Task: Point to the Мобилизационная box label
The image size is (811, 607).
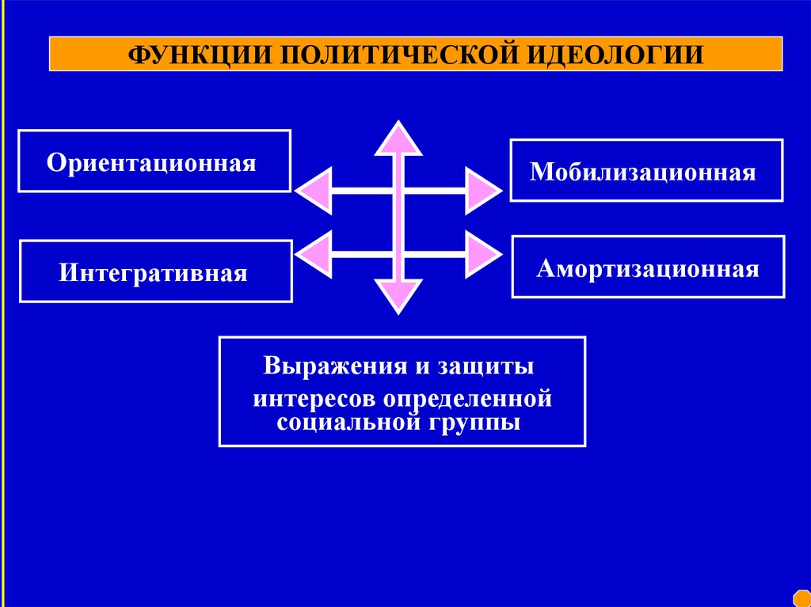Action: click(x=643, y=172)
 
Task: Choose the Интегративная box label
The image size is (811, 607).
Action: click(x=153, y=273)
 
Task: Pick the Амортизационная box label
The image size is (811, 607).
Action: click(x=648, y=268)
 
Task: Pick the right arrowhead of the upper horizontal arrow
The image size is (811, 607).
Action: click(x=482, y=191)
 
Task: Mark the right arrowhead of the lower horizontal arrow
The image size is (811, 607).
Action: click(x=482, y=254)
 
